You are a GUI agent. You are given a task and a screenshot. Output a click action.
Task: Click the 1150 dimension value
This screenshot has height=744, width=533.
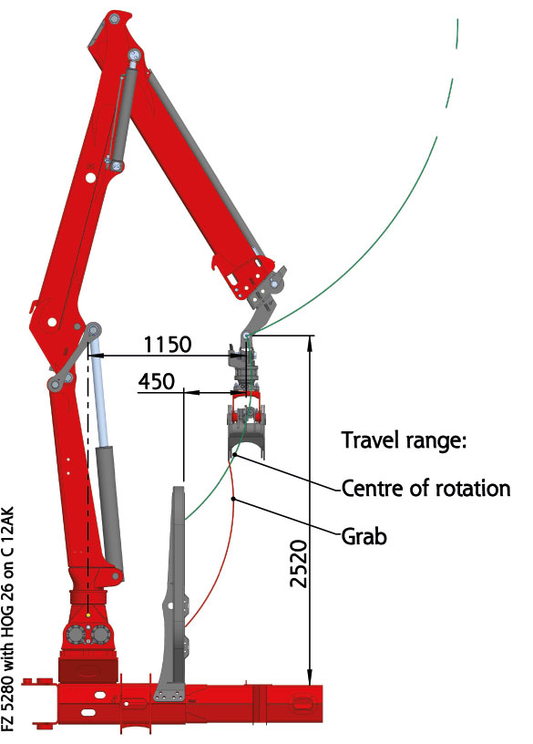[168, 344]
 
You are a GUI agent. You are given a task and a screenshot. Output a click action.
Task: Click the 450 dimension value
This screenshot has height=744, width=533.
[157, 381]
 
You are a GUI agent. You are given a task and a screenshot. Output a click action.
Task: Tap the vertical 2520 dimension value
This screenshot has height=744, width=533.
[299, 563]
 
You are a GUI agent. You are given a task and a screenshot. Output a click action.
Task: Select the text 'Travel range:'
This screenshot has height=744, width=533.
[404, 440]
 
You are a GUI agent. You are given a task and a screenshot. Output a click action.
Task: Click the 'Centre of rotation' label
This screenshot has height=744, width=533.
[425, 489]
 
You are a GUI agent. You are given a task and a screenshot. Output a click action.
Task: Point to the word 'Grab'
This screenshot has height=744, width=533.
[364, 537]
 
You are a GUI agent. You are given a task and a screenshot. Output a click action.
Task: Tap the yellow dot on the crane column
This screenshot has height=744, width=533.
[88, 615]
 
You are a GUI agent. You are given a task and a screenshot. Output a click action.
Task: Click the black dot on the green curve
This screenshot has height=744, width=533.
[235, 455]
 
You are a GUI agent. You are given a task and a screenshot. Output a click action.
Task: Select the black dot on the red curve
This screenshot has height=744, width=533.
[233, 499]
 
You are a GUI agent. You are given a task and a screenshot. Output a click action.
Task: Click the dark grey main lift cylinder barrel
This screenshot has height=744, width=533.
[109, 508]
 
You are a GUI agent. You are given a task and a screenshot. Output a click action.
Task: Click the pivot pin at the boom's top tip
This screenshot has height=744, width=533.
[114, 19]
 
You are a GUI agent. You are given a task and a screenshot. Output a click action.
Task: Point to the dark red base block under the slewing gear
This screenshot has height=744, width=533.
[87, 670]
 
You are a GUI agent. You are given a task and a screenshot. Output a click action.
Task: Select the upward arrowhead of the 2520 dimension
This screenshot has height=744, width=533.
[310, 343]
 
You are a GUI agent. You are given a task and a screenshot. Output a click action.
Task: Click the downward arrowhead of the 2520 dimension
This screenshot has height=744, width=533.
[310, 677]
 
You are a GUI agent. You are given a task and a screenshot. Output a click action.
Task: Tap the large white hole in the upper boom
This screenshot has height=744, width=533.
[90, 178]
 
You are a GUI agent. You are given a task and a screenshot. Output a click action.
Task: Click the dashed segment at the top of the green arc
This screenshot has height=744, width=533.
[457, 34]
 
